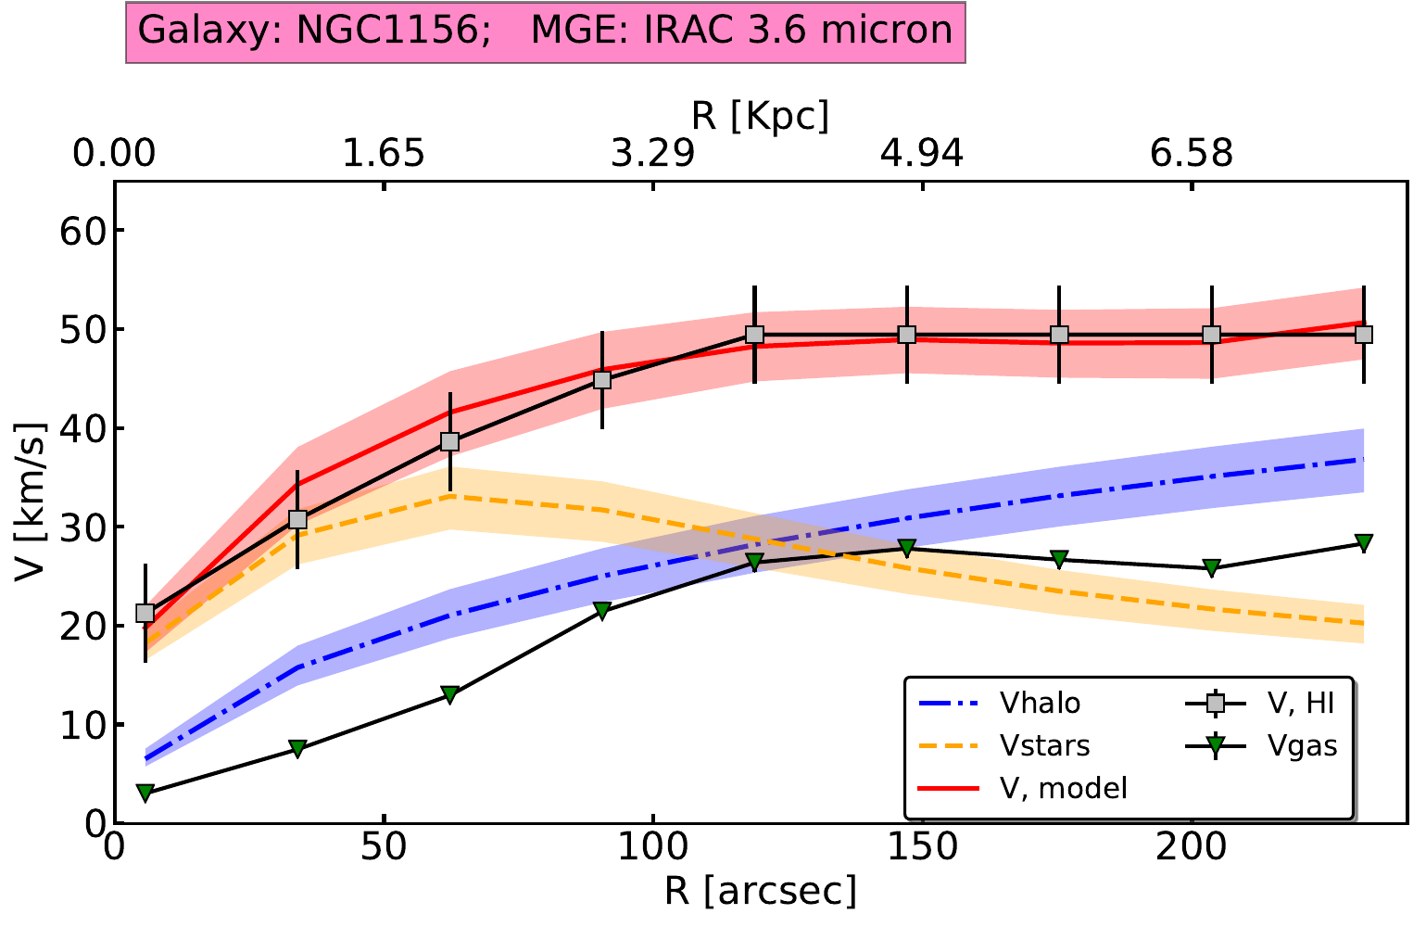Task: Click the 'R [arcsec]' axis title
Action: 760,891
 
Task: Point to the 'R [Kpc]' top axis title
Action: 760,117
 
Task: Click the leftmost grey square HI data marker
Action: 145,613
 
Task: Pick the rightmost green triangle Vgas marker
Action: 1363,543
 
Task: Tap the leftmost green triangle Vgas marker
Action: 145,794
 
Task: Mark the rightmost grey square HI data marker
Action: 1363,335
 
